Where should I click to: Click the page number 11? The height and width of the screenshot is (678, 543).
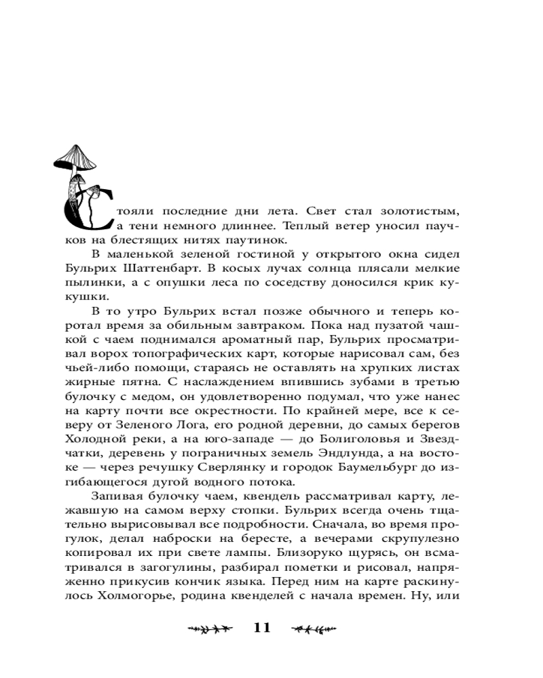click(262, 628)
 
